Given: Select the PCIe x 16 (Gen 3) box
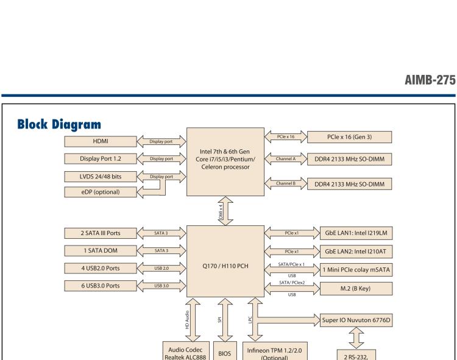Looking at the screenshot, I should [x=350, y=137].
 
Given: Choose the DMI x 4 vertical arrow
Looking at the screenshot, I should [x=225, y=210].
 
